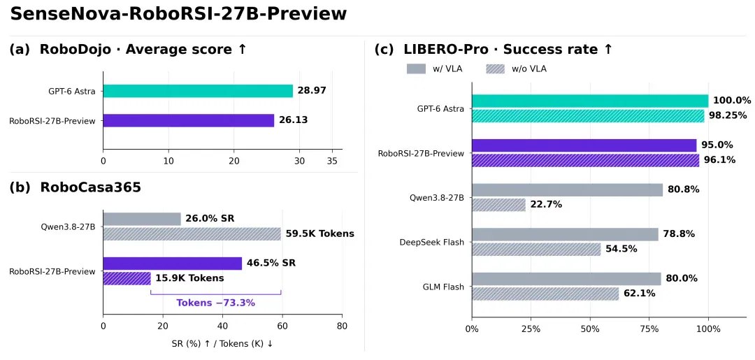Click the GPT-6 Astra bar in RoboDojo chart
(198, 91)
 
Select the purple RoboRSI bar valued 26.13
(188, 120)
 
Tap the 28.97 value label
(312, 91)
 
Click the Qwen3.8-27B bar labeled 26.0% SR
(142, 219)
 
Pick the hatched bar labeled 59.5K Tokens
(192, 234)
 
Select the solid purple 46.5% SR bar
(173, 264)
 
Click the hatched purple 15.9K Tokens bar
(127, 278)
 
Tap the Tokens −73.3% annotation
(216, 303)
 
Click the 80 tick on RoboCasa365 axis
(342, 326)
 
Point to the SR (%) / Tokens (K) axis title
(222, 344)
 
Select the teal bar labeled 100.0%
(590, 101)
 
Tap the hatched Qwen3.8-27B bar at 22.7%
(499, 205)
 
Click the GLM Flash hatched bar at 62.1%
(545, 294)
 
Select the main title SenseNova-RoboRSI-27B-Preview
(179, 14)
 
